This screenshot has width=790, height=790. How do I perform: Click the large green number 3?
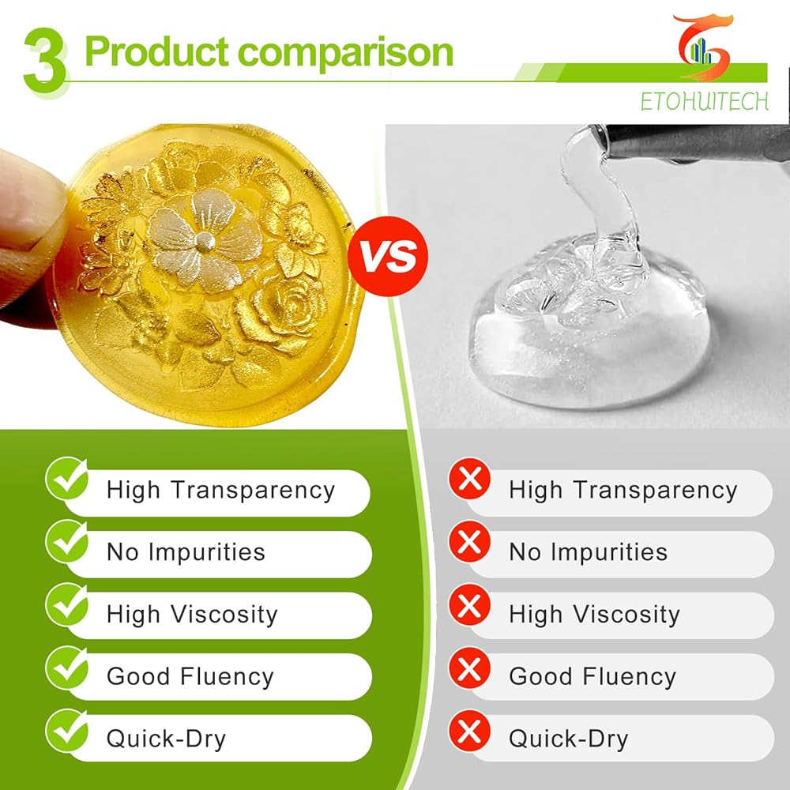pyautogui.click(x=44, y=61)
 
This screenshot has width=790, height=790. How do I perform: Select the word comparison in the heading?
pyautogui.click(x=346, y=53)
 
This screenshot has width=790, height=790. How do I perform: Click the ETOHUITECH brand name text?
pyautogui.click(x=704, y=101)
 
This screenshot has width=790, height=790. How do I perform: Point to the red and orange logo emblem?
pyautogui.click(x=704, y=47)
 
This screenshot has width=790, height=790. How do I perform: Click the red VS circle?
pyautogui.click(x=387, y=256)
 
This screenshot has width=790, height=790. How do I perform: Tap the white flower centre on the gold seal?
pyautogui.click(x=205, y=242)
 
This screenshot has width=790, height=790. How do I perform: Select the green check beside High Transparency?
pyautogui.click(x=67, y=478)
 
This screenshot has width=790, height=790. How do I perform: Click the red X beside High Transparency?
pyautogui.click(x=469, y=478)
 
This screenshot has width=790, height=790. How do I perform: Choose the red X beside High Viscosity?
pyautogui.click(x=469, y=604)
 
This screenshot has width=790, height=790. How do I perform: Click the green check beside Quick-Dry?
pyautogui.click(x=67, y=730)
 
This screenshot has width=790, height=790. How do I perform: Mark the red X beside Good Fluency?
pyautogui.click(x=469, y=668)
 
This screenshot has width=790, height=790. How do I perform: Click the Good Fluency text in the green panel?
pyautogui.click(x=190, y=677)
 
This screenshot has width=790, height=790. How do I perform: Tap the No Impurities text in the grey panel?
pyautogui.click(x=589, y=551)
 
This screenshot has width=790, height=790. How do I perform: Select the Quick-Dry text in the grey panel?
pyautogui.click(x=569, y=739)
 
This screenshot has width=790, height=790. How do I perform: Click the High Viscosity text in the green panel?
pyautogui.click(x=192, y=615)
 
